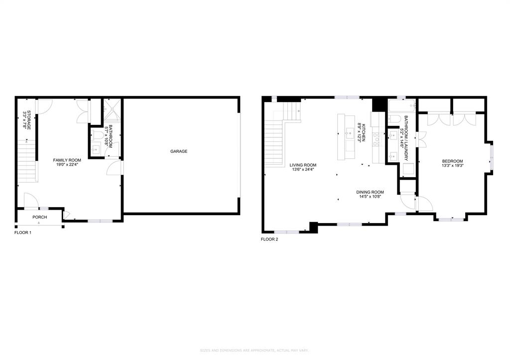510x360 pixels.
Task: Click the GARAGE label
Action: [179, 151]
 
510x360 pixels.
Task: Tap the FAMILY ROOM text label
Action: [67, 160]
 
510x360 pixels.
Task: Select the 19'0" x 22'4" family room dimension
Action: [67, 165]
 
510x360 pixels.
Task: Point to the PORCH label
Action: [40, 217]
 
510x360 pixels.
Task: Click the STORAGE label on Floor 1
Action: [29, 120]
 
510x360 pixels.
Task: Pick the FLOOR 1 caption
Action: [23, 233]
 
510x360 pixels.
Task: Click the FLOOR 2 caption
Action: [269, 240]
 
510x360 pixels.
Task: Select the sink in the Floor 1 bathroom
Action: [96, 148]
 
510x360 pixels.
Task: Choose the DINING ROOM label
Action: [370, 192]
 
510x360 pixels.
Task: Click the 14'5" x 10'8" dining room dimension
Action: [370, 197]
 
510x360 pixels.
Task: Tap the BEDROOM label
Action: [452, 161]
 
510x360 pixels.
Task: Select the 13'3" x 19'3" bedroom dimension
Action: [452, 166]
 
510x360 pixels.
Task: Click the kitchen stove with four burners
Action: [377, 139]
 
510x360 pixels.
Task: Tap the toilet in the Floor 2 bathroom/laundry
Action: [394, 119]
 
